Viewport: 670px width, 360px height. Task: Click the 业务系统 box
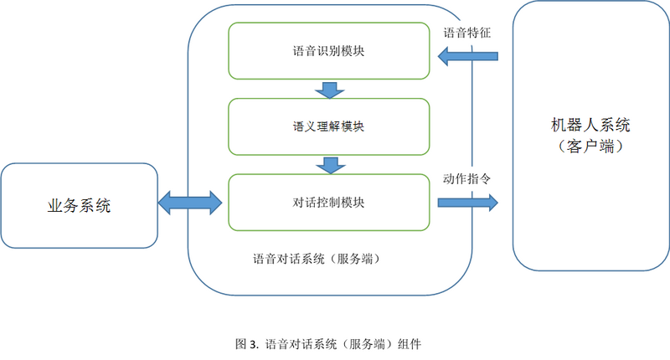click(x=79, y=206)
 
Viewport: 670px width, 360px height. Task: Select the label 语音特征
click(x=466, y=33)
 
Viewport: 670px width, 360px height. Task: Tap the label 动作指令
click(x=466, y=178)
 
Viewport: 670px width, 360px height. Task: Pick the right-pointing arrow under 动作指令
click(x=467, y=202)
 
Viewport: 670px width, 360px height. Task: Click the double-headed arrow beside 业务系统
click(x=190, y=201)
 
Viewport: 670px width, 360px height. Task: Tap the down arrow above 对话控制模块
click(x=329, y=165)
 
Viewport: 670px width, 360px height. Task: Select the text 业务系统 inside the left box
click(x=79, y=206)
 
